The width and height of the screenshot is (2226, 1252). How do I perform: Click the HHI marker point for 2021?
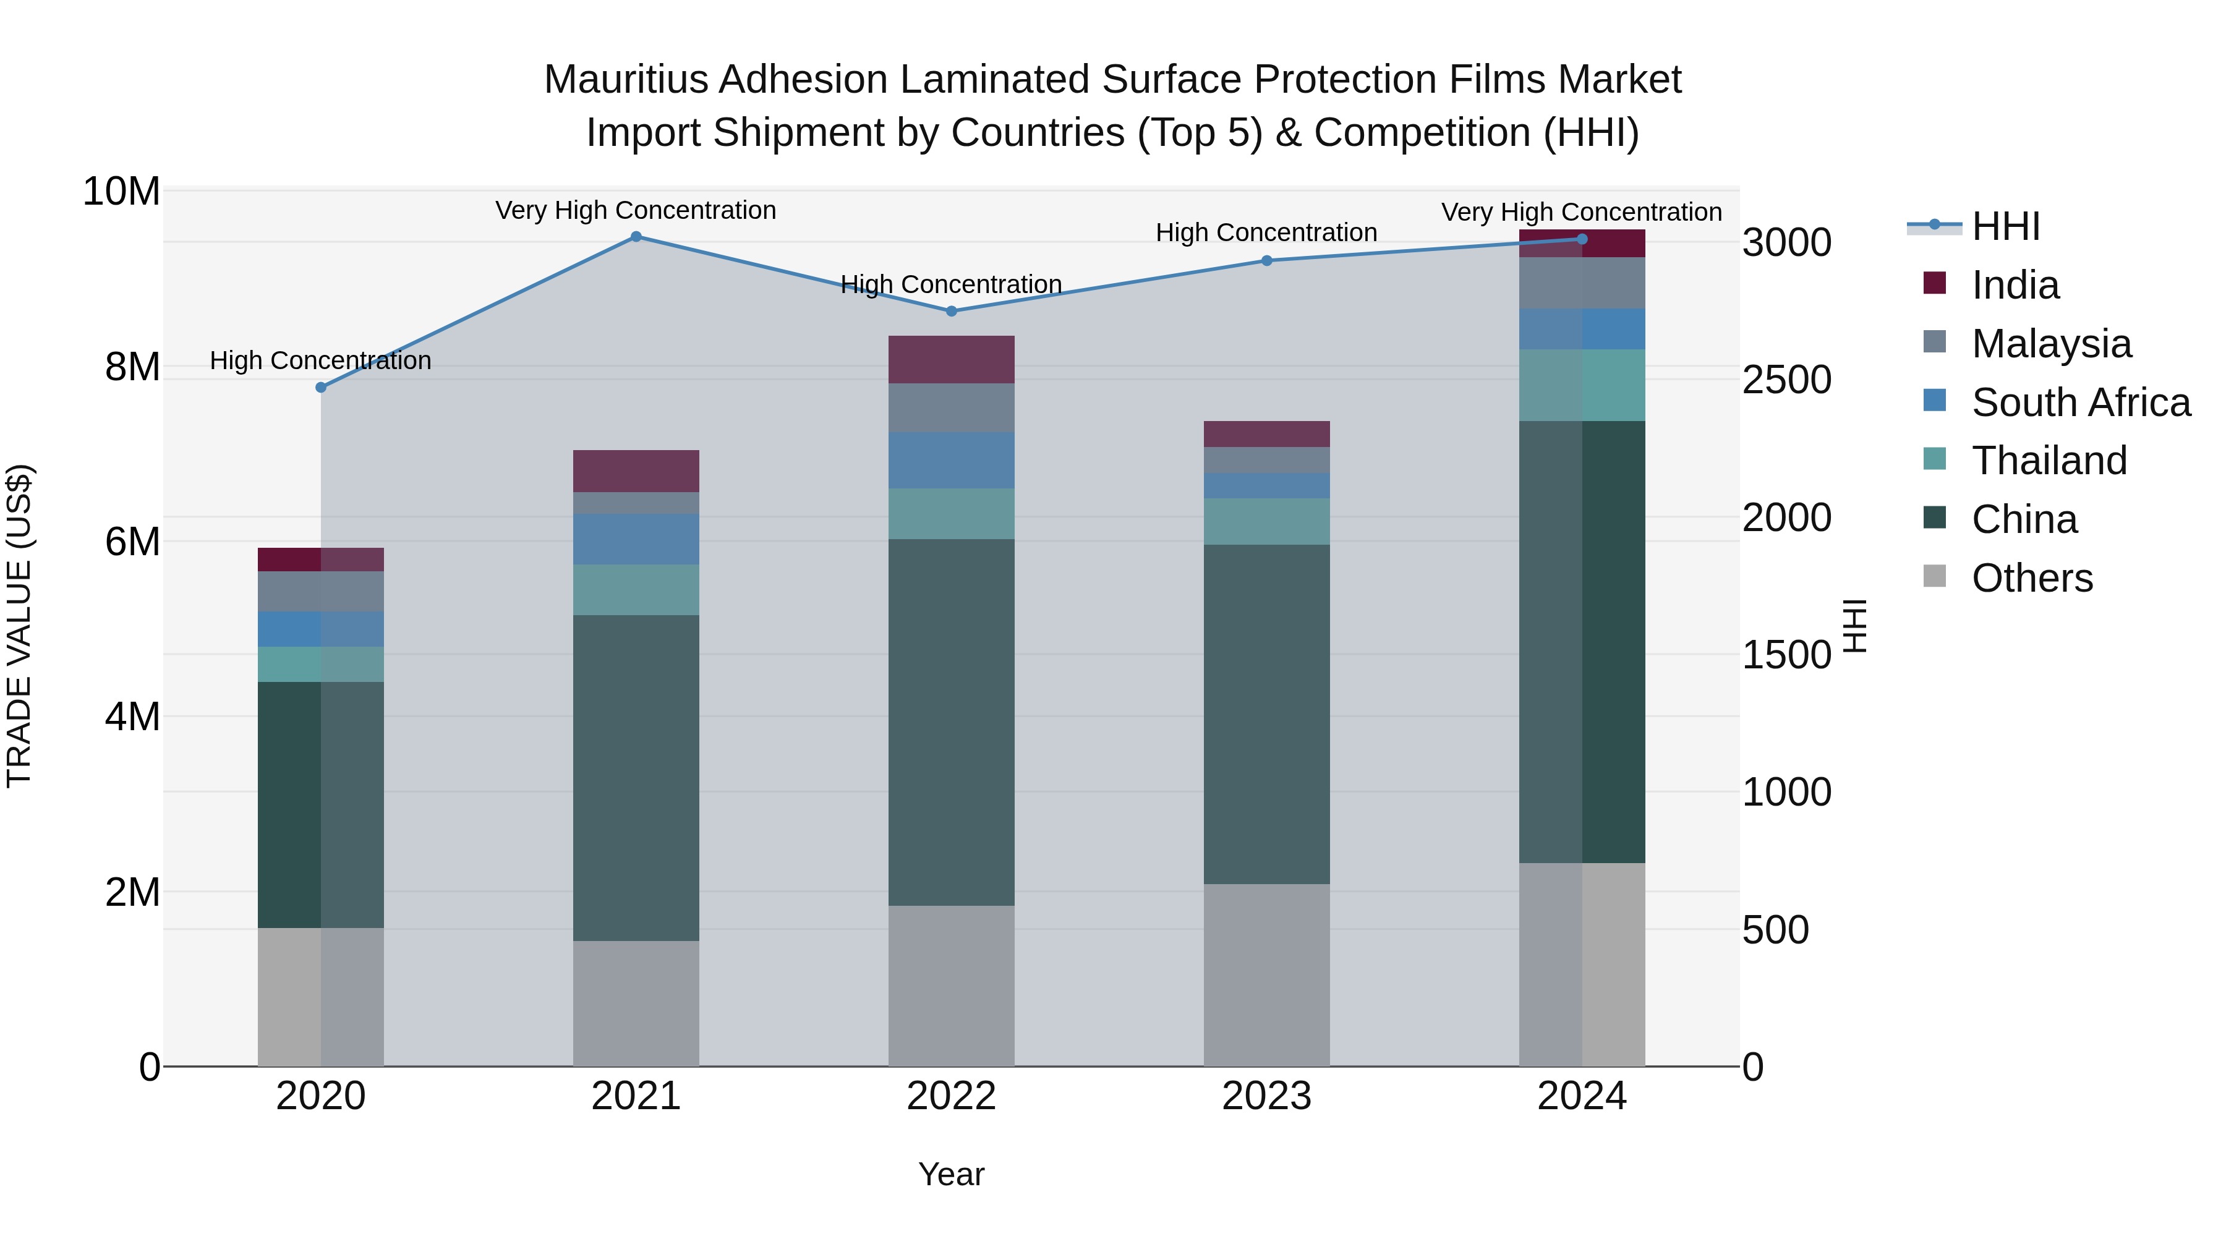636,237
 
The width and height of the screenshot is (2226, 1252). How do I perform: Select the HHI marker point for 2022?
952,311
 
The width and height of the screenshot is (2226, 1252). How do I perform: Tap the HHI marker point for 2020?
320,387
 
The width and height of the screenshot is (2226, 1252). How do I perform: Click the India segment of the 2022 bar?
952,359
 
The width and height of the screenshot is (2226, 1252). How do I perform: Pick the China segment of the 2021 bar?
636,778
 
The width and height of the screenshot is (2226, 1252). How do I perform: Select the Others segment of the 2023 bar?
1267,974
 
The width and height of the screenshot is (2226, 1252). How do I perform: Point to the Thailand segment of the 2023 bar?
1267,521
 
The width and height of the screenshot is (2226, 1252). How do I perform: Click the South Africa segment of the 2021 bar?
636,539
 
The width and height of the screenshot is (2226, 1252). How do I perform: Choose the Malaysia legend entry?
2050,343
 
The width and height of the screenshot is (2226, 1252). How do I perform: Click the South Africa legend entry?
2080,402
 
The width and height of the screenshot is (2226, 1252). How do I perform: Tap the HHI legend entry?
2005,226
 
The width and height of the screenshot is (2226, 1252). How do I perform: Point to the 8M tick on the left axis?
132,367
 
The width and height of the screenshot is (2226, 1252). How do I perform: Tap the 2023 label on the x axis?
1267,1096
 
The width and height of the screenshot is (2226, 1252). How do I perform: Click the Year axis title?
952,1174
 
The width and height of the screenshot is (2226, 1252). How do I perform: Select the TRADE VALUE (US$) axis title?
19,626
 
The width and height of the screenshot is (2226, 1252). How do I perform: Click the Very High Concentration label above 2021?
636,210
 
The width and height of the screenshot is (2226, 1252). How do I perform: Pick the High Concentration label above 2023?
1267,232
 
